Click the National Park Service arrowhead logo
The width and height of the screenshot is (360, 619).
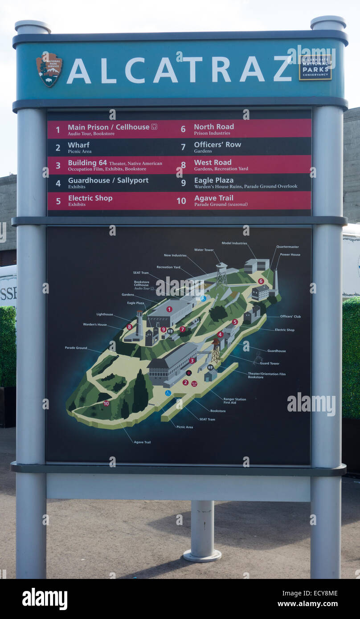pos(49,69)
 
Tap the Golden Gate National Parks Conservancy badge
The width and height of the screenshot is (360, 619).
pos(315,67)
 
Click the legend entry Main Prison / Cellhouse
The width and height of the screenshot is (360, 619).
pos(108,127)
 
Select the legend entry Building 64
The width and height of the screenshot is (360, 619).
pos(87,163)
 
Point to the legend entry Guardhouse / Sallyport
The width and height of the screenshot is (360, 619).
pos(108,180)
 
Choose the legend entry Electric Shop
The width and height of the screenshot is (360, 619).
pos(90,198)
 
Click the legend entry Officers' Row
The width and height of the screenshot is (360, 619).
pos(217,145)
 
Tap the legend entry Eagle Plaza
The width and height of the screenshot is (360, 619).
pos(214,180)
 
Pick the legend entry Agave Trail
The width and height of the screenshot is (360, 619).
pos(213,198)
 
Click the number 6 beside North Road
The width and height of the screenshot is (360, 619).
pos(183,129)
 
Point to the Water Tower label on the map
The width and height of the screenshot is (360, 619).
pos(204,250)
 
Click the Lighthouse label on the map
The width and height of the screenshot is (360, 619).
pos(104,314)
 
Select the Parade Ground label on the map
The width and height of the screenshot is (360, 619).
pos(76,348)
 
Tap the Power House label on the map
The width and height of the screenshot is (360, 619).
pos(290,255)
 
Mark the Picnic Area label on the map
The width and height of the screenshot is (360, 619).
pos(184,427)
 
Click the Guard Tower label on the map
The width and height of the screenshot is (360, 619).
pos(269,363)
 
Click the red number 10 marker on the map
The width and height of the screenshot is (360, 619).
pos(106,403)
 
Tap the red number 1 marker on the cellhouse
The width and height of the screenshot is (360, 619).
pos(169,309)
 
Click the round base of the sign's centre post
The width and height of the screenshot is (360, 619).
pos(202,555)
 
